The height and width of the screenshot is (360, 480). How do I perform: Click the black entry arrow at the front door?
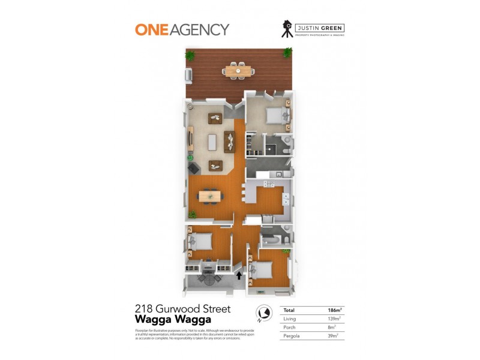[239, 276]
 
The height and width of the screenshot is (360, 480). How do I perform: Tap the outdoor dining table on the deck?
[238, 70]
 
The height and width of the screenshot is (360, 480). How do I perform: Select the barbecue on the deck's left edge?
[188, 76]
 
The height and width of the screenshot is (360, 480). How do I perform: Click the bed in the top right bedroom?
[277, 115]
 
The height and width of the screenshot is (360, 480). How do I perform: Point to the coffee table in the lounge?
[211, 142]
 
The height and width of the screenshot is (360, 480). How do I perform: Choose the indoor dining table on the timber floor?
[208, 195]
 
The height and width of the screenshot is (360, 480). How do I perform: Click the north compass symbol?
[261, 313]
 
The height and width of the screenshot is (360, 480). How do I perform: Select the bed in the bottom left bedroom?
[199, 241]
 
